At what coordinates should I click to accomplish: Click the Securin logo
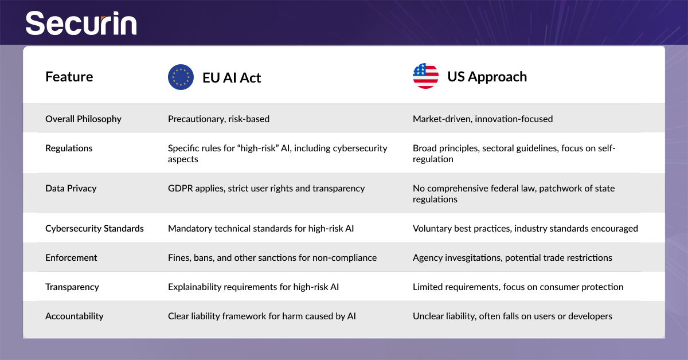(x=81, y=23)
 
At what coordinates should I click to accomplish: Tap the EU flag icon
(x=181, y=77)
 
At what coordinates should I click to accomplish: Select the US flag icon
(x=425, y=76)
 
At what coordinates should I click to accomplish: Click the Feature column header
(x=69, y=77)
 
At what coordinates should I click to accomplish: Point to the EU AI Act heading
(x=232, y=78)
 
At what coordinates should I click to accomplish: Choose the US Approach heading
(x=487, y=77)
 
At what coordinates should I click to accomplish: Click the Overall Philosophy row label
(x=83, y=119)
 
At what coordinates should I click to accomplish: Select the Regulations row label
(x=69, y=148)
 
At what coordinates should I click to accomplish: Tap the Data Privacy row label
(x=71, y=188)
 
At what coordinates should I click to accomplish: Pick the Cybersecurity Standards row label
(x=95, y=229)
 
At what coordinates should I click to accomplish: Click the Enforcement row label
(x=71, y=257)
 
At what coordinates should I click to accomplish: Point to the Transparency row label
(x=72, y=287)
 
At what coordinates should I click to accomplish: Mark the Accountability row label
(x=75, y=316)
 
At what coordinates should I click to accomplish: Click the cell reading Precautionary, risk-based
(x=218, y=119)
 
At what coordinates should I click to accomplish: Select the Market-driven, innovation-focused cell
(x=483, y=119)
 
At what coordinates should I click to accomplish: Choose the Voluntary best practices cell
(x=525, y=229)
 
